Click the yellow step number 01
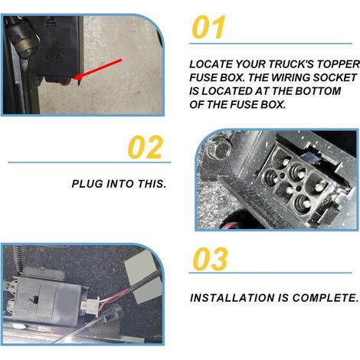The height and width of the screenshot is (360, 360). coord(208,27)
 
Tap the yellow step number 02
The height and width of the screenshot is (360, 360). coord(146,147)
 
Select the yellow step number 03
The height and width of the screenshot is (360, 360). coord(210,259)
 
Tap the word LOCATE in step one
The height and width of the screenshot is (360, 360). coord(211,64)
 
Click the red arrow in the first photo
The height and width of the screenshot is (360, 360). coord(100,68)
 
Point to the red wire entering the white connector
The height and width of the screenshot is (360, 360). coord(113,297)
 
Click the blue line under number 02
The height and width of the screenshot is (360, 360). coord(90,162)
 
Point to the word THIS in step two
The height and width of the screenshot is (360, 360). coord(152,184)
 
